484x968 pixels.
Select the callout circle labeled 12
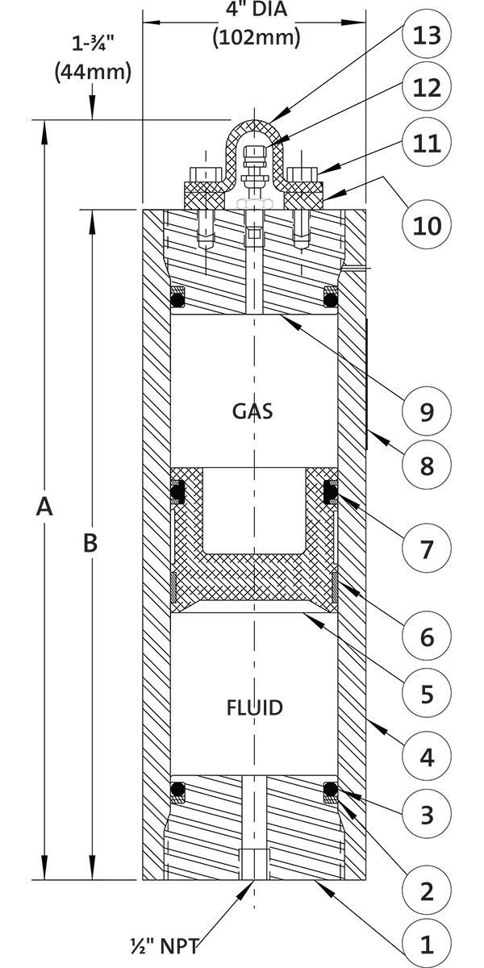click(x=427, y=88)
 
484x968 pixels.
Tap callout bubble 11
click(x=427, y=144)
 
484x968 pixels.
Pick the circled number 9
click(x=427, y=411)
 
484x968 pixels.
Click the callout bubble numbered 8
click(x=427, y=465)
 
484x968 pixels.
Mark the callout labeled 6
click(x=427, y=637)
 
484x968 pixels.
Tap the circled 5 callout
click(x=427, y=693)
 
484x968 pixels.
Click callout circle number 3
click(x=427, y=814)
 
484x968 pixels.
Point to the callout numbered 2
click(x=427, y=891)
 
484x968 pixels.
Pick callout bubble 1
click(x=427, y=944)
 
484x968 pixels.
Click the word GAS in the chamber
click(x=252, y=411)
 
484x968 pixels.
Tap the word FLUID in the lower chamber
click(x=253, y=708)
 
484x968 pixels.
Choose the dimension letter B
click(x=91, y=544)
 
